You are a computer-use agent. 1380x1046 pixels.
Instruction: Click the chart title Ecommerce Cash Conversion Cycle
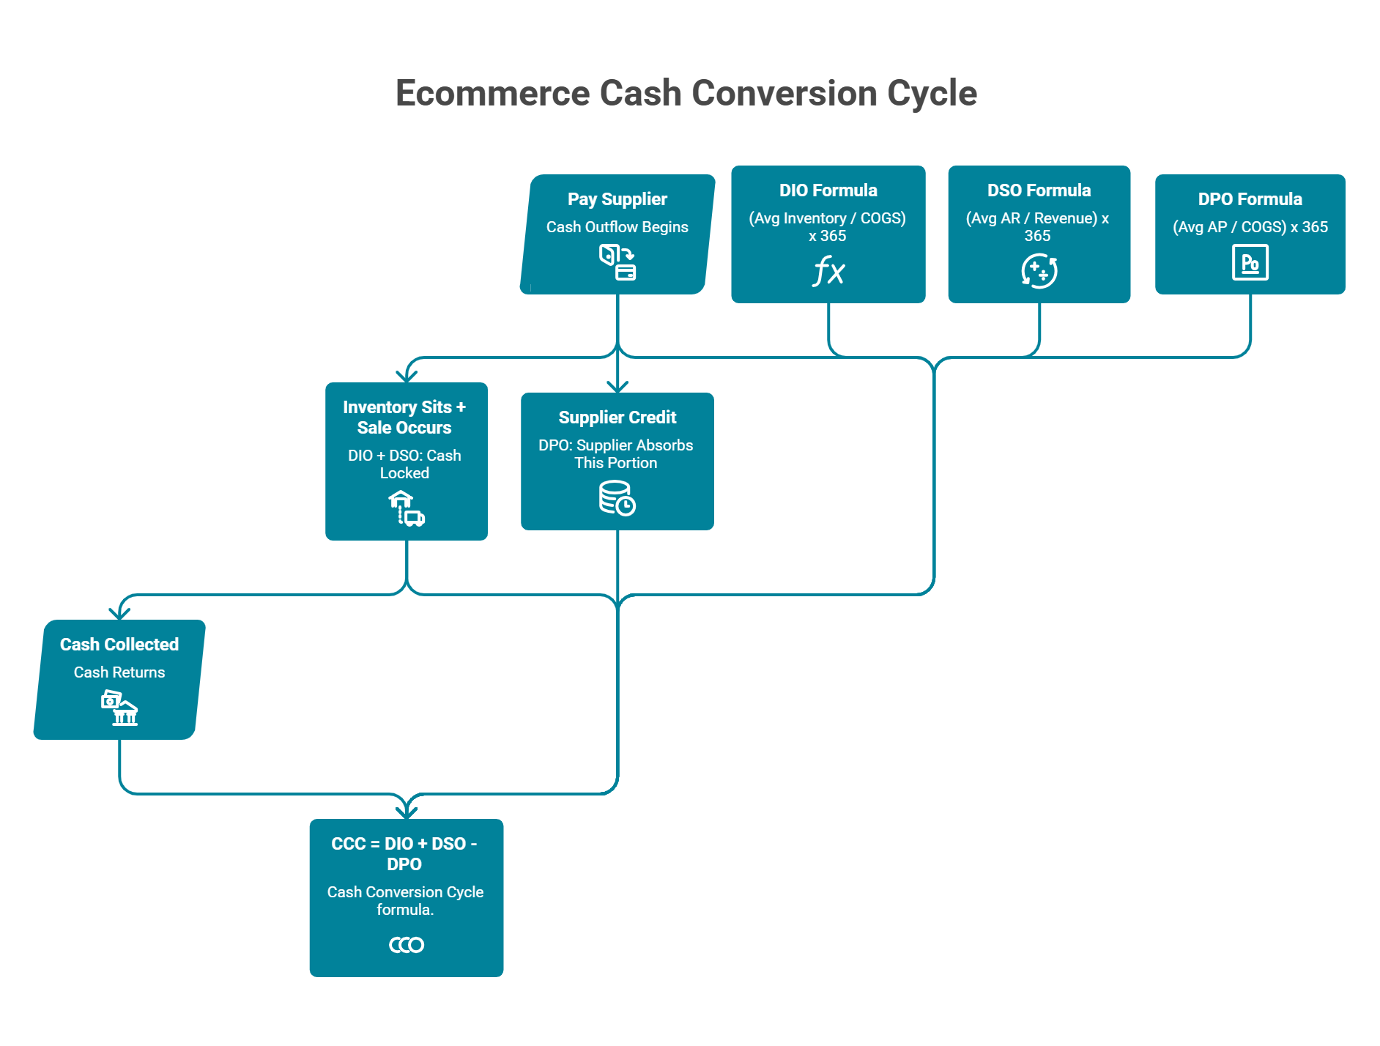click(686, 93)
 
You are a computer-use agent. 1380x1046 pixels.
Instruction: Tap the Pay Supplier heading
click(617, 199)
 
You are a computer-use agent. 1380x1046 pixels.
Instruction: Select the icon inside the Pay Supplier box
click(617, 262)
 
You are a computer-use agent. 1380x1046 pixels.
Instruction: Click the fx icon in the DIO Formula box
click(828, 271)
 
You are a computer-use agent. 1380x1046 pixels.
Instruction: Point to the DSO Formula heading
click(1039, 190)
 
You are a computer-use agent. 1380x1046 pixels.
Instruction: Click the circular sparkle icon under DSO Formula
click(1039, 271)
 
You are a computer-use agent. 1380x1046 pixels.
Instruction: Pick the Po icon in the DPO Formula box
click(1250, 263)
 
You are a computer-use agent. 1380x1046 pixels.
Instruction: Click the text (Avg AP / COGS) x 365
click(1250, 227)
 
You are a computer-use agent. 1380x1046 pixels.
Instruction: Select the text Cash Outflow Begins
click(617, 227)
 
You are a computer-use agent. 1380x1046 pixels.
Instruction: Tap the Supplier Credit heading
click(617, 418)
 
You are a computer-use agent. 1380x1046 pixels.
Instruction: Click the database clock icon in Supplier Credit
click(617, 498)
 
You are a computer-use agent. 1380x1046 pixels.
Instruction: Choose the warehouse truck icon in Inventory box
click(406, 508)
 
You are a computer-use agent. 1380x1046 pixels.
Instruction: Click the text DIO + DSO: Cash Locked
click(404, 464)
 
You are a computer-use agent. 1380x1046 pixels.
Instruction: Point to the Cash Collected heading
click(119, 645)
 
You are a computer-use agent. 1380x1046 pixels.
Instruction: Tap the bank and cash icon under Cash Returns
click(119, 708)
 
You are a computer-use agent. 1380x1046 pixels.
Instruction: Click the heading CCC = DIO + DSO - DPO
click(404, 853)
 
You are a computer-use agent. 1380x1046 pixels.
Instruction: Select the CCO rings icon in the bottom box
click(406, 945)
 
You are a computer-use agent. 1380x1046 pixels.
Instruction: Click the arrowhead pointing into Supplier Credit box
click(617, 387)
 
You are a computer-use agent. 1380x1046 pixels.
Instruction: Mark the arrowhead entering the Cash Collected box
click(119, 613)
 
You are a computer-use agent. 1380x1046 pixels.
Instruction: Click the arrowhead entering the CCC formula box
click(407, 812)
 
